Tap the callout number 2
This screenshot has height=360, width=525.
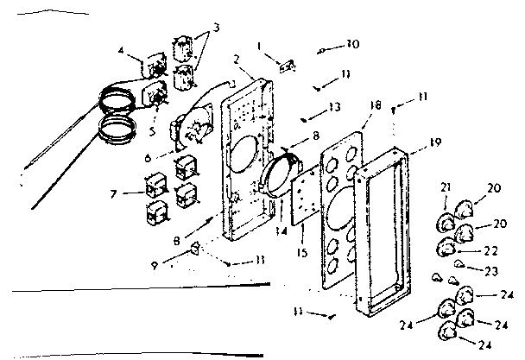tap(236, 60)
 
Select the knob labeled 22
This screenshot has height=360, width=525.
tap(448, 249)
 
